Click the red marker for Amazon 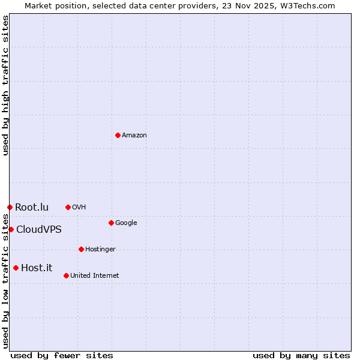[118, 135]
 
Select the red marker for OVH [68, 207]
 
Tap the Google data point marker [111, 223]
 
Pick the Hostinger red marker [81, 249]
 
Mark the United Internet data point [66, 275]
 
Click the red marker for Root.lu [10, 207]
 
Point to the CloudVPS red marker [11, 229]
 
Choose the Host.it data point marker [16, 268]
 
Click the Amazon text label [134, 136]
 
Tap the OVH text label [79, 208]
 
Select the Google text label [126, 223]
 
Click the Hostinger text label [100, 250]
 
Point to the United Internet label [95, 276]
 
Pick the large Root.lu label [32, 208]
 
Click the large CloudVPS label [39, 230]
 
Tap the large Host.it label [37, 268]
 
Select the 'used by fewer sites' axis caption [62, 355]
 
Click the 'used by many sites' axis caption [301, 355]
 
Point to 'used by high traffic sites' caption [5, 85]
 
